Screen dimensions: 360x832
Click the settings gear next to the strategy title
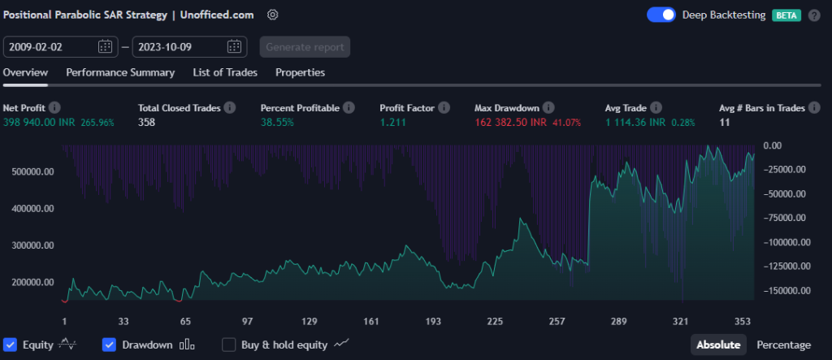point(273,15)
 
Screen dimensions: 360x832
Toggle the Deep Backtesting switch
point(661,15)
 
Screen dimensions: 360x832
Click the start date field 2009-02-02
point(49,46)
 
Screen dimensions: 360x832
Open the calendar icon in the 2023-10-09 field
point(234,46)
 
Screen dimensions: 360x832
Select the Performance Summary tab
point(120,72)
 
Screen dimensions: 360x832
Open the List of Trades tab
point(225,72)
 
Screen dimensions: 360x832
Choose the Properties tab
point(300,72)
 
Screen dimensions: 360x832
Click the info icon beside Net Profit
point(54,107)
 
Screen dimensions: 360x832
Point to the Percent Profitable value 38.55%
point(277,122)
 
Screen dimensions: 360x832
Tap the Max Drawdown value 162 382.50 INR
point(510,122)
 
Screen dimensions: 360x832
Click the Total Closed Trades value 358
point(147,122)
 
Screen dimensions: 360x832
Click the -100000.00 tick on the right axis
point(786,242)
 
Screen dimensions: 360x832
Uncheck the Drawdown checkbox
point(110,345)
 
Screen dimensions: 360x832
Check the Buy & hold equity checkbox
point(229,345)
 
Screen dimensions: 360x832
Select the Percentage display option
point(783,345)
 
